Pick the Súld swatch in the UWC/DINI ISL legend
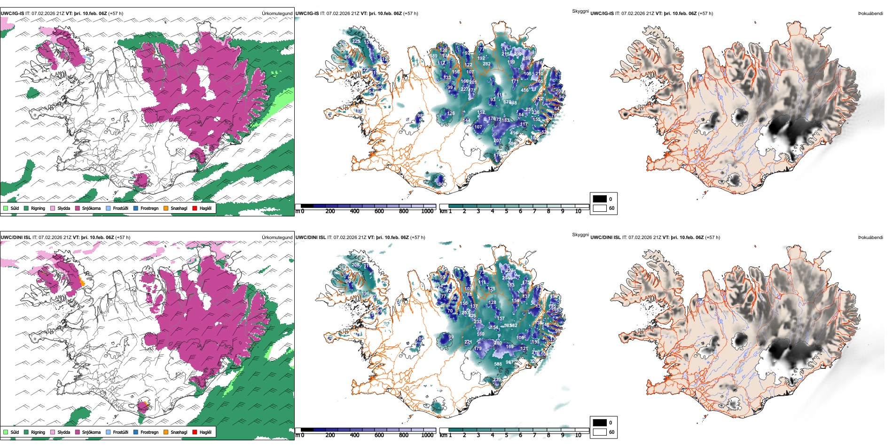click(x=6, y=432)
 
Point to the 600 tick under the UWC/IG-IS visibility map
click(x=379, y=211)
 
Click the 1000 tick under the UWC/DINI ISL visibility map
click(x=427, y=435)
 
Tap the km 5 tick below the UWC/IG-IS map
click(x=506, y=211)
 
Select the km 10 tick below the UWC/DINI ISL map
click(x=578, y=435)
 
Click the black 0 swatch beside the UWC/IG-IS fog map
click(x=600, y=199)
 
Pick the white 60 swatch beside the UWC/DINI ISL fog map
click(x=600, y=432)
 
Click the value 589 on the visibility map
click(x=433, y=56)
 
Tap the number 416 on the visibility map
click(x=525, y=90)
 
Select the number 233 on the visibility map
click(x=478, y=322)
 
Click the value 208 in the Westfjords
click(x=355, y=265)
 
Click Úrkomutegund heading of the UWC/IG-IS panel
click(x=277, y=14)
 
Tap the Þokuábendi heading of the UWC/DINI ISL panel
click(x=870, y=238)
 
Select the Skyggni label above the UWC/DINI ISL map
click(x=580, y=235)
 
